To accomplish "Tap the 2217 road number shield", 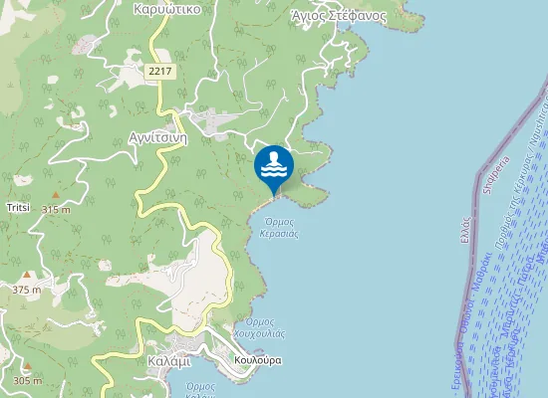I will tap(159, 71).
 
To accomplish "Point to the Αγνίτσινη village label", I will tap(158, 137).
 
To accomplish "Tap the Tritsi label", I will tap(18, 207).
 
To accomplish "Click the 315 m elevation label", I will tap(57, 210).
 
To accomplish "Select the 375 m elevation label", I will tap(28, 289).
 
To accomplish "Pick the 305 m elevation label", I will tap(28, 381).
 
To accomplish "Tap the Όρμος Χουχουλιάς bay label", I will tap(259, 328).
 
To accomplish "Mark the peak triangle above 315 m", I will tap(56, 195).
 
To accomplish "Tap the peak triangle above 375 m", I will tap(28, 275).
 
